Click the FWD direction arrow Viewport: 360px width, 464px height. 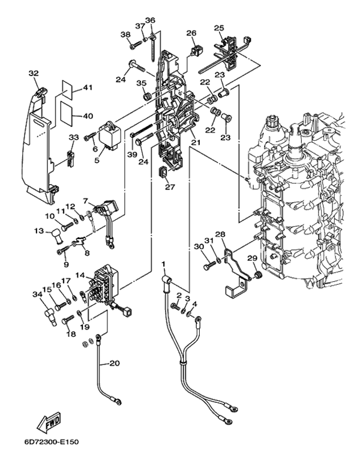(49, 422)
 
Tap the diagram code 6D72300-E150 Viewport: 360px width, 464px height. (51, 442)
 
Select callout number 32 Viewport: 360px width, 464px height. (34, 73)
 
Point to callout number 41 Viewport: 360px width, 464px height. (88, 88)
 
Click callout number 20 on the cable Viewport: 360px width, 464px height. (115, 363)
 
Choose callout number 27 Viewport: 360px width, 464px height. (170, 187)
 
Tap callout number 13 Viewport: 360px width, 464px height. (39, 231)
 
